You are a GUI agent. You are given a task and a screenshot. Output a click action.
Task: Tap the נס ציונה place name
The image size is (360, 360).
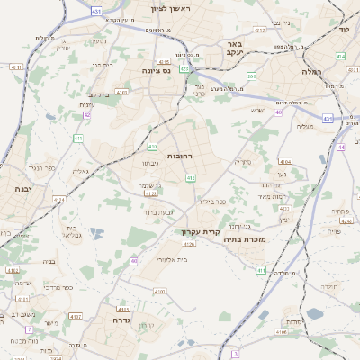tap(157, 70)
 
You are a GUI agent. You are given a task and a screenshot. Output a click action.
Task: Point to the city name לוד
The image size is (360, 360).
tap(344, 30)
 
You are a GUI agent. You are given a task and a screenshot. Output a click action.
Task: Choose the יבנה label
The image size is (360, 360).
tap(22, 189)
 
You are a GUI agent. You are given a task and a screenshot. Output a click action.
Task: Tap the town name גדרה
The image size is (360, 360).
tap(122, 319)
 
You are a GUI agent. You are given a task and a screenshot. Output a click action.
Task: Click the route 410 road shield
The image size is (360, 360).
tap(152, 146)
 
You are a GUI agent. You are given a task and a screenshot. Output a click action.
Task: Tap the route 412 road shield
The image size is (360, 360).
tap(190, 178)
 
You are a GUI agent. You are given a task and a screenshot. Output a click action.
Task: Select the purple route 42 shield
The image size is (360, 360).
tap(87, 115)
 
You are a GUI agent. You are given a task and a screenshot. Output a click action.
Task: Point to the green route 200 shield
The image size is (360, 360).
tap(253, 76)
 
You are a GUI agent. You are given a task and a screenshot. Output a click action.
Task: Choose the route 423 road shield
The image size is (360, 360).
tap(184, 67)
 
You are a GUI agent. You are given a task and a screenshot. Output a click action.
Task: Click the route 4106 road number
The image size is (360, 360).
tap(281, 332)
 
